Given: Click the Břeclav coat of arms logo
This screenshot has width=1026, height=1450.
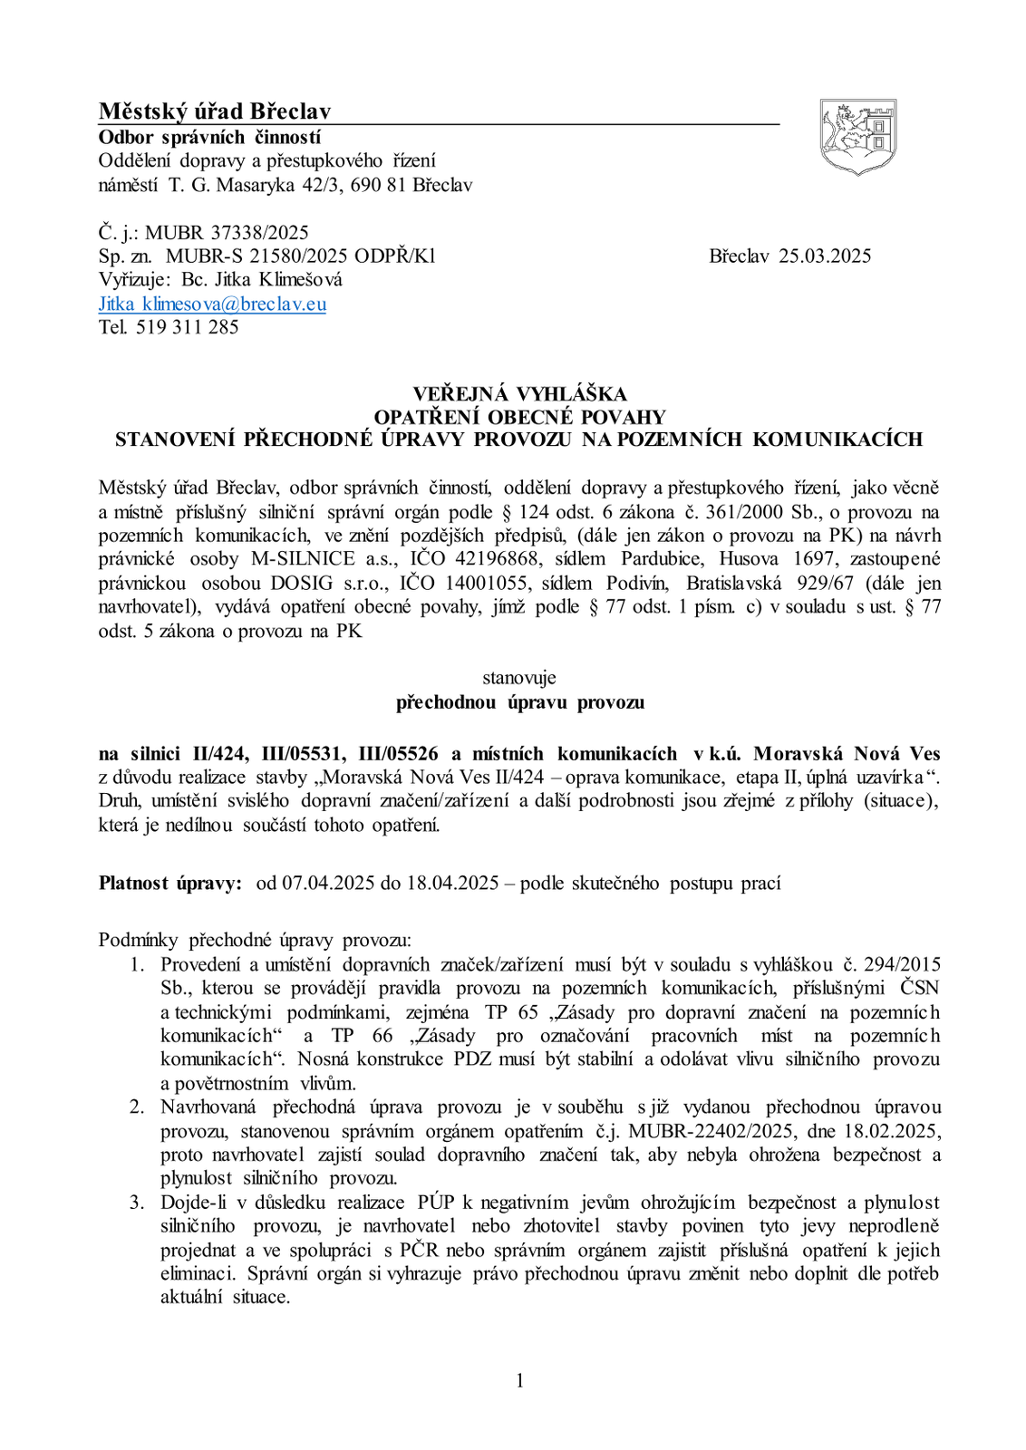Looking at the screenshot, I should pyautogui.click(x=857, y=136).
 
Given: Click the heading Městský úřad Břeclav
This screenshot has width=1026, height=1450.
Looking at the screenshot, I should pyautogui.click(x=215, y=111).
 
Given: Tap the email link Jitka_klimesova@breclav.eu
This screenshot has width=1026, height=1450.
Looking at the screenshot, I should pyautogui.click(x=212, y=304).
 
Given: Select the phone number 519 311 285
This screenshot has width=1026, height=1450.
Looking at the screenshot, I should pyautogui.click(x=187, y=327).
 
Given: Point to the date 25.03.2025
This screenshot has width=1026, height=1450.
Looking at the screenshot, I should pyautogui.click(x=825, y=256).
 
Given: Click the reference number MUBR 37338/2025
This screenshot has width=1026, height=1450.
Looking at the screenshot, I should pyautogui.click(x=227, y=232).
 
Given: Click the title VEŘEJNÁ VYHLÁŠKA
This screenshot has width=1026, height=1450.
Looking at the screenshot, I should pyautogui.click(x=519, y=394).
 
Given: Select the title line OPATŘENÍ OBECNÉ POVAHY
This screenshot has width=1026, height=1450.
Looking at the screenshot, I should pyautogui.click(x=519, y=417).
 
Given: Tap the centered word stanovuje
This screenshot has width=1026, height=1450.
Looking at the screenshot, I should pyautogui.click(x=519, y=678).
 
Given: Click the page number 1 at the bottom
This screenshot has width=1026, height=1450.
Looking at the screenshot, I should pyautogui.click(x=519, y=1380).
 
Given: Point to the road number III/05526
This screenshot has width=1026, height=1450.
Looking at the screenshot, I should pyautogui.click(x=399, y=753).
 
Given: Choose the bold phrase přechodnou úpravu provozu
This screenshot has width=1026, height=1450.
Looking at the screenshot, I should pyautogui.click(x=519, y=702).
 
